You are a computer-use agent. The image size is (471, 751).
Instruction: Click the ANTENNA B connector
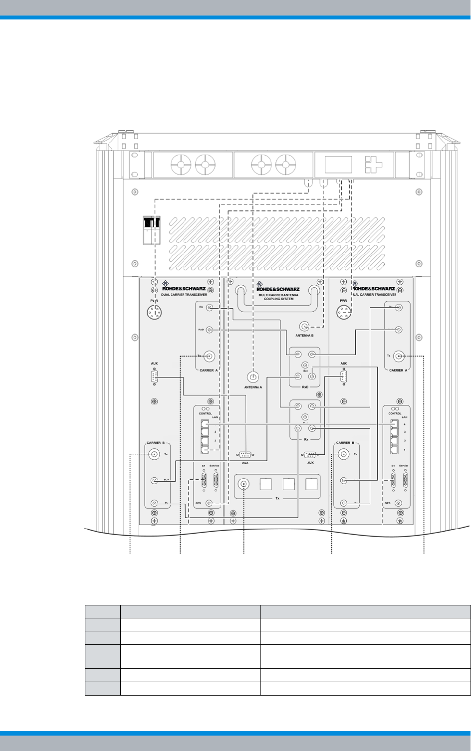[304, 327]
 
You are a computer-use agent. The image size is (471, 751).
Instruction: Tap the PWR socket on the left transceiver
[155, 313]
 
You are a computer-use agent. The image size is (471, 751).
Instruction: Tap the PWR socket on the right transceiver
[344, 313]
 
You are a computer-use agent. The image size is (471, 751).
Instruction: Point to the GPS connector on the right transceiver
[399, 504]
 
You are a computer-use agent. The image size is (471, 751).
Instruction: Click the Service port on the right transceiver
[404, 481]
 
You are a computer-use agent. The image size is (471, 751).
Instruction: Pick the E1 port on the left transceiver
[204, 481]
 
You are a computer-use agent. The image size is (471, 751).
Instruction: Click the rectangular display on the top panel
[338, 164]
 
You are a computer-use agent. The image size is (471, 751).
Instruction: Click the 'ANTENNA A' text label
[253, 387]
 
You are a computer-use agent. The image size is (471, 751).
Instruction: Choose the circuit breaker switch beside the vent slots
[152, 231]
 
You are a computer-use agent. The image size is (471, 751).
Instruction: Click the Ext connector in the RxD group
[312, 376]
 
